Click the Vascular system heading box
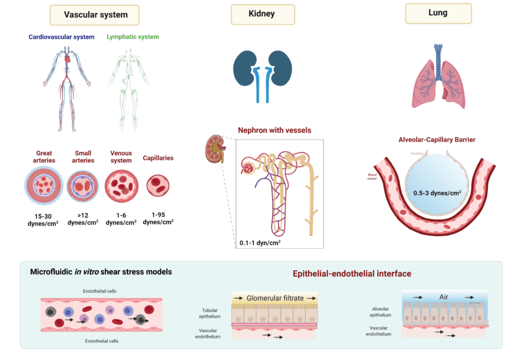pyautogui.click(x=95, y=15)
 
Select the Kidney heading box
pyautogui.click(x=262, y=14)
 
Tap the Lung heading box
pyautogui.click(x=438, y=13)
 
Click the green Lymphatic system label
pyautogui.click(x=133, y=37)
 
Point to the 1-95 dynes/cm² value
pyautogui.click(x=158, y=218)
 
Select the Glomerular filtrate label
pyautogui.click(x=275, y=298)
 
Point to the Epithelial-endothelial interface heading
pyautogui.click(x=351, y=273)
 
